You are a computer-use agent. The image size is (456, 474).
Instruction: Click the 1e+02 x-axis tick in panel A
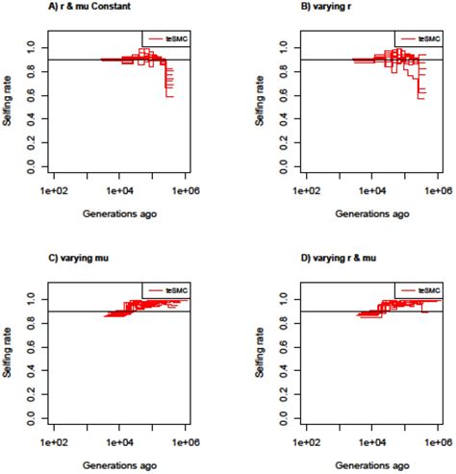54,192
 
